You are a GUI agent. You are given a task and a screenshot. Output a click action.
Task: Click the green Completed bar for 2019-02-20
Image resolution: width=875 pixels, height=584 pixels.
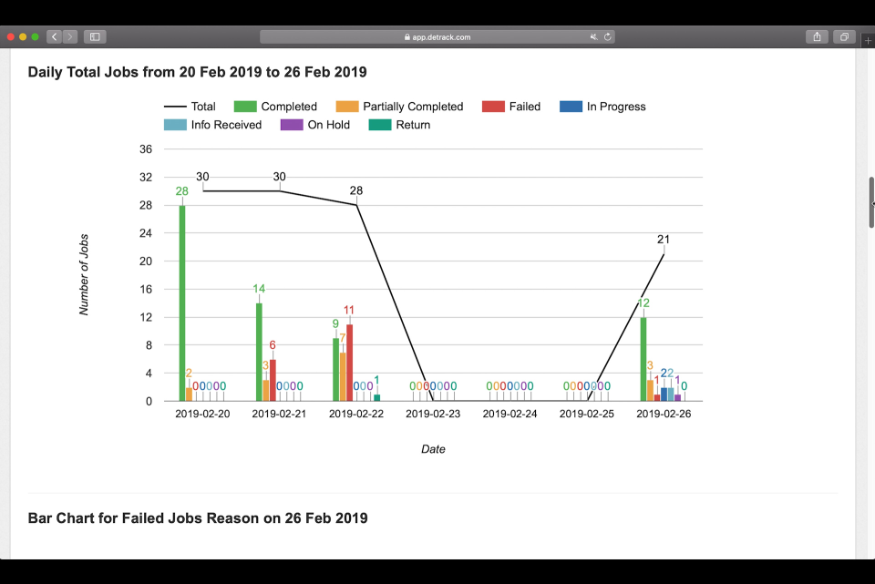coord(182,302)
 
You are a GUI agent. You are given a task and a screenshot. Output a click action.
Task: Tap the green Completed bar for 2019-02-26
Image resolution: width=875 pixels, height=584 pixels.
coord(643,359)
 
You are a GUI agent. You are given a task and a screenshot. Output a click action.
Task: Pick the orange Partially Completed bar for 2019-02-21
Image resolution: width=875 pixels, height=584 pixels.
coord(265,391)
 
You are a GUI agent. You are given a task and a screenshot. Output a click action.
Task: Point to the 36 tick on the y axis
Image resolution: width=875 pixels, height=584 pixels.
coord(145,149)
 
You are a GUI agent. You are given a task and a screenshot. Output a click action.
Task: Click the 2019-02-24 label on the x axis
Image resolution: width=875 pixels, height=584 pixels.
coord(510,415)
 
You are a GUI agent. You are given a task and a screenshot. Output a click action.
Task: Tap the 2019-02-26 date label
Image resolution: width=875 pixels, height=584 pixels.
coord(664,415)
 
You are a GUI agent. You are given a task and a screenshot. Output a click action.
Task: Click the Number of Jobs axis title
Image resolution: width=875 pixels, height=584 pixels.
coord(84,275)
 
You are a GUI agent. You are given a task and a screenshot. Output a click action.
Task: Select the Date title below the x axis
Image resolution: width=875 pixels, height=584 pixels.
coord(433,449)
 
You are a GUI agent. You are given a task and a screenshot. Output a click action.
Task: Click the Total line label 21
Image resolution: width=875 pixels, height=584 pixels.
coord(664,240)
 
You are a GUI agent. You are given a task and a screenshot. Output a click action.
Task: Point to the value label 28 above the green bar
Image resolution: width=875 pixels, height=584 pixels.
coord(182,191)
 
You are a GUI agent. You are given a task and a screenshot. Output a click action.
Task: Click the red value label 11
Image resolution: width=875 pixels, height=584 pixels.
coord(349,310)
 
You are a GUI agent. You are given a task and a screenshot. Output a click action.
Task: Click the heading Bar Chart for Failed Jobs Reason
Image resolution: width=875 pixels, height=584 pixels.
coord(198,518)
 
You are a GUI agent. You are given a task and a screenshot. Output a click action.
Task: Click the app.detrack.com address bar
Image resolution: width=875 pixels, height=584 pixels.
coord(437,36)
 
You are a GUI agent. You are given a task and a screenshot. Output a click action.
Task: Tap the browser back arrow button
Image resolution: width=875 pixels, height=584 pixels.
coord(55,36)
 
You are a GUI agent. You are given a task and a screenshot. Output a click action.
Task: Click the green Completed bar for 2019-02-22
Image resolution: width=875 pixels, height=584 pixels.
coord(336,370)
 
